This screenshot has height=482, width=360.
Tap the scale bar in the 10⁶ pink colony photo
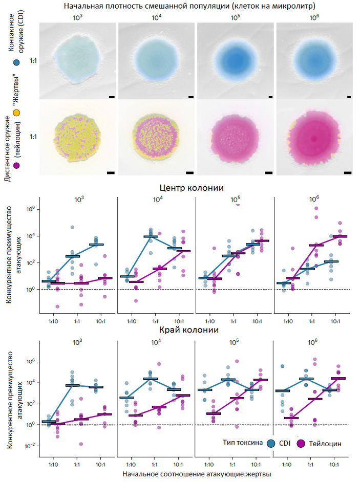(x=348, y=173)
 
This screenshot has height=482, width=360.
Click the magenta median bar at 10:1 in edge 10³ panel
(x=104, y=414)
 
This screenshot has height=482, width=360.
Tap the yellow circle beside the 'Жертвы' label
(x=17, y=112)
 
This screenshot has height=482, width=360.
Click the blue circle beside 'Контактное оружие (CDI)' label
(x=17, y=63)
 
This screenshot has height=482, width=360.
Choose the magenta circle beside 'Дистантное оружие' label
(x=17, y=166)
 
